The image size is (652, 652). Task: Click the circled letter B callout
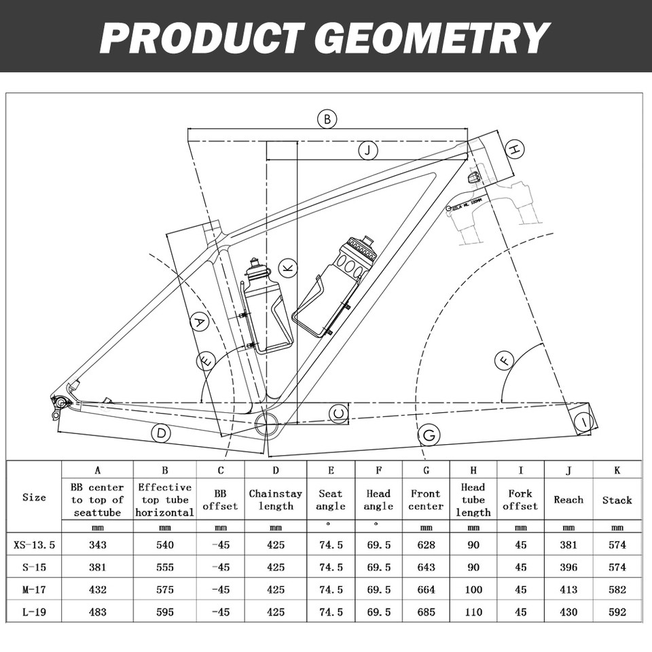pyautogui.click(x=327, y=119)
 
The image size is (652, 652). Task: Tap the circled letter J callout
pyautogui.click(x=367, y=151)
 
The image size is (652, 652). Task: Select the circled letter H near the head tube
pyautogui.click(x=515, y=149)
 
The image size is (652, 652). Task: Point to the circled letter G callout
pyautogui.click(x=429, y=435)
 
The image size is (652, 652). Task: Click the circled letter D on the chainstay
pyautogui.click(x=160, y=433)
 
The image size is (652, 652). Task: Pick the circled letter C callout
pyautogui.click(x=339, y=412)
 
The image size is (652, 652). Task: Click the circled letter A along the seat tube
pyautogui.click(x=198, y=322)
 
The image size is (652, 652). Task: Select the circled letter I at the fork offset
pyautogui.click(x=583, y=422)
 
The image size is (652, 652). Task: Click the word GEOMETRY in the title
pyautogui.click(x=434, y=37)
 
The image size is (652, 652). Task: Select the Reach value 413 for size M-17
pyautogui.click(x=568, y=590)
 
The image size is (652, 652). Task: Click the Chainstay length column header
pyautogui.click(x=276, y=500)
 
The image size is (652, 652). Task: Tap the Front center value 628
pyautogui.click(x=426, y=545)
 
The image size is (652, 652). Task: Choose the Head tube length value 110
pyautogui.click(x=473, y=612)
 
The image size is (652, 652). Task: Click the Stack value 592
pyautogui.click(x=617, y=612)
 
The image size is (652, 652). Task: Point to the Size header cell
pyautogui.click(x=34, y=497)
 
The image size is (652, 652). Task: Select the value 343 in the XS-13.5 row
pyautogui.click(x=97, y=545)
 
